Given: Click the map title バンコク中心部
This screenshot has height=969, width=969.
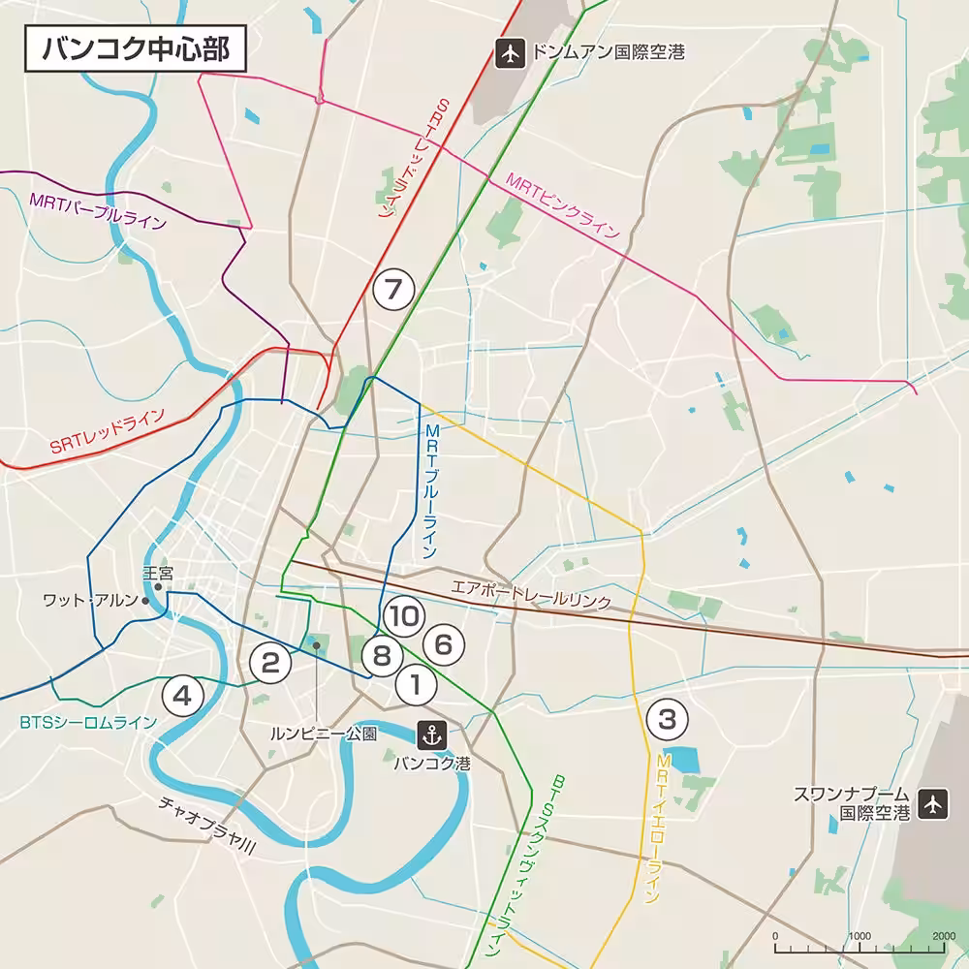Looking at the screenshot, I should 134,48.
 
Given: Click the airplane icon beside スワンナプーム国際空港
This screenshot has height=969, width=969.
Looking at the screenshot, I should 932,803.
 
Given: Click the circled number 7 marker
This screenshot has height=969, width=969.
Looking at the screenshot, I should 392,289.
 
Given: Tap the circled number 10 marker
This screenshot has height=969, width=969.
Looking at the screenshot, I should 401,614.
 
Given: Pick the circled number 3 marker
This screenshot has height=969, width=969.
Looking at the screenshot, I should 667,719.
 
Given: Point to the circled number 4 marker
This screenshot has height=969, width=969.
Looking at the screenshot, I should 183,694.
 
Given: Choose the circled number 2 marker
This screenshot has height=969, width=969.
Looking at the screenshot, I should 270,663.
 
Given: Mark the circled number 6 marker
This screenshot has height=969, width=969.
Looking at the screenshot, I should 444,643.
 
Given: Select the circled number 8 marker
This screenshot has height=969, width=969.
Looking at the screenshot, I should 382,656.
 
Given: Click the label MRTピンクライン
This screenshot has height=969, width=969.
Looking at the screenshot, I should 562,205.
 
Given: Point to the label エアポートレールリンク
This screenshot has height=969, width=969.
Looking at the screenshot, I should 531,594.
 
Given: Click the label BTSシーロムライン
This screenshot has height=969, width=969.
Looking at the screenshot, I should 87,722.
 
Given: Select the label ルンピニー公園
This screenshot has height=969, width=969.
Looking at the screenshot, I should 323,734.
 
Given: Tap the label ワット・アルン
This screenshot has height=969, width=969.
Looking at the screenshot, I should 91,601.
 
